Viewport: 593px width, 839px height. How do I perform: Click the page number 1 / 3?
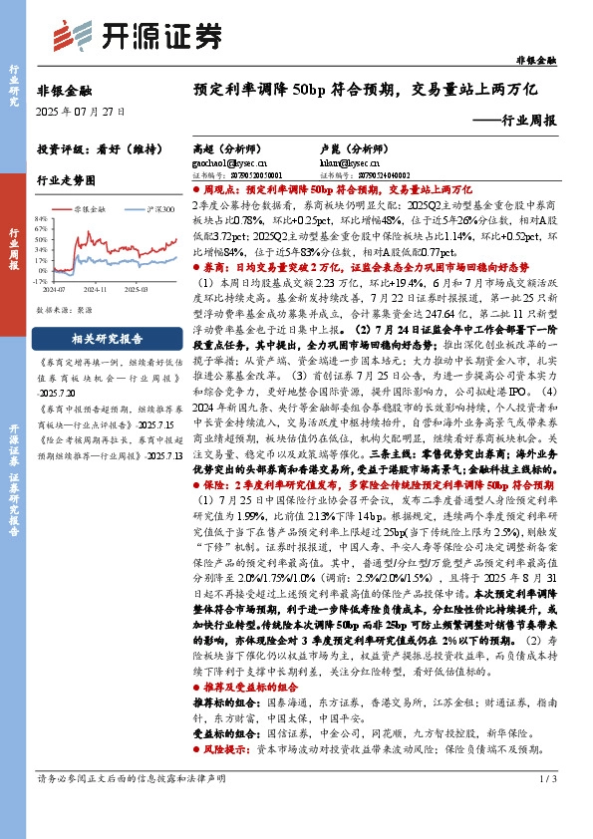point(546,805)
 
